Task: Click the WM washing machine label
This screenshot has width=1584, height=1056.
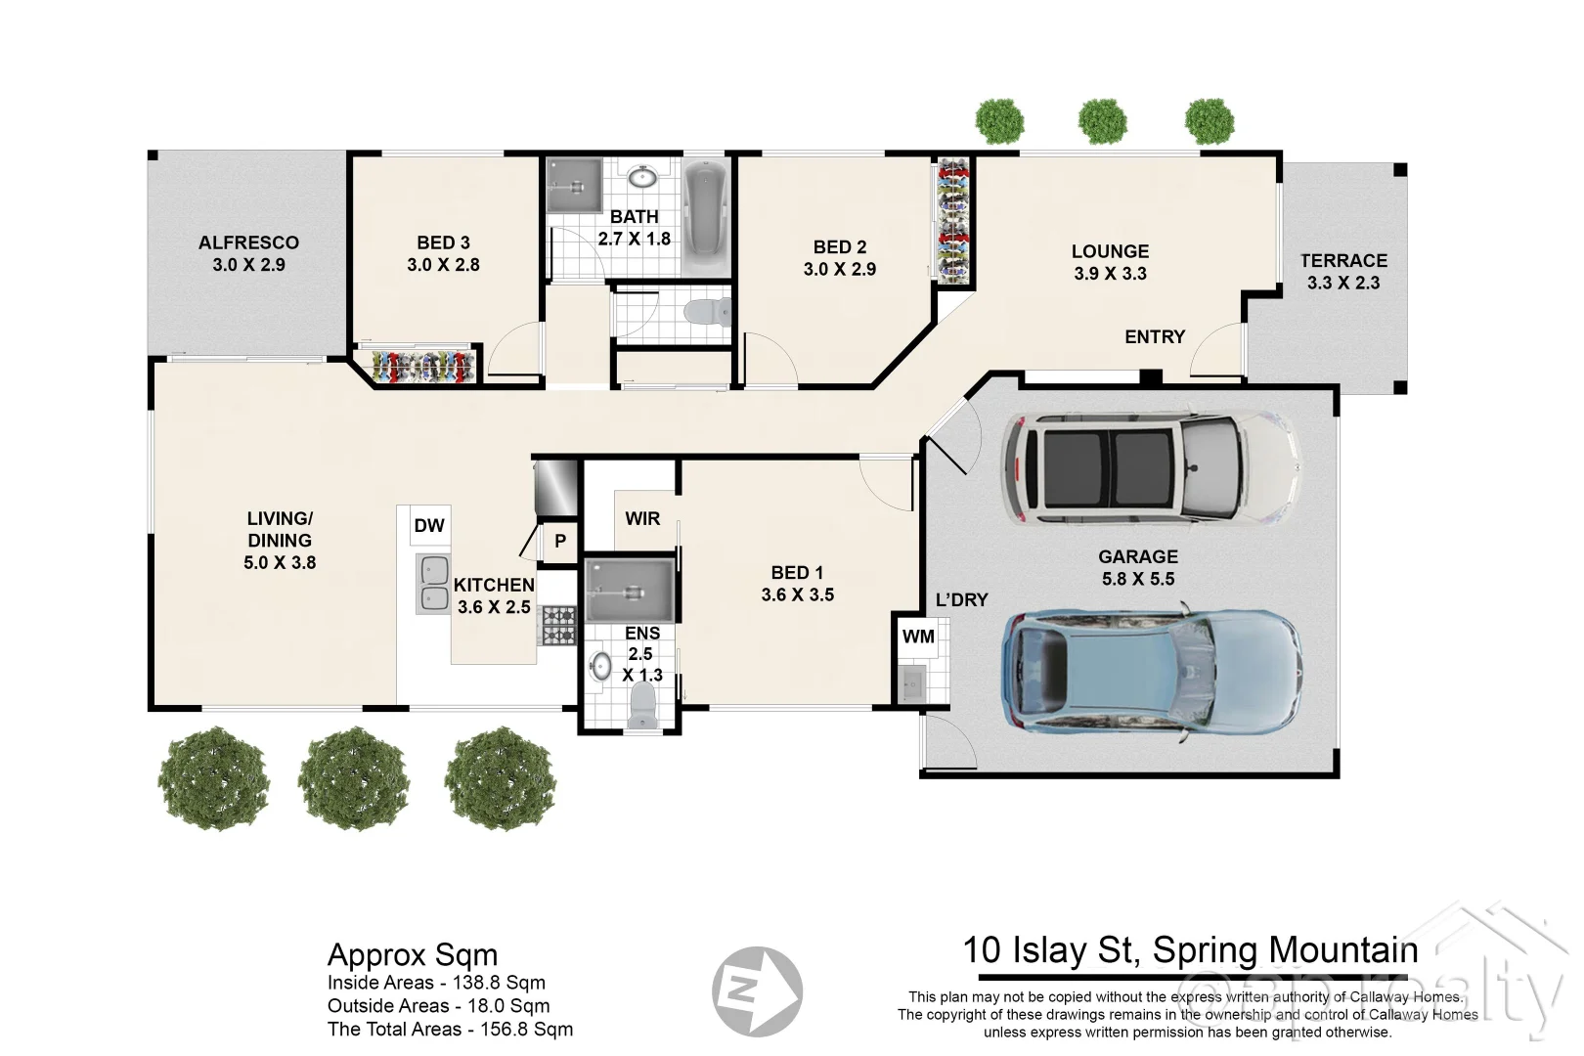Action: pos(918,637)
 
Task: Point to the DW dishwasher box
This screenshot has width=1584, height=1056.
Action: pos(429,525)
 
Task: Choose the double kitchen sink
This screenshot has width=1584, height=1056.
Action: pos(433,584)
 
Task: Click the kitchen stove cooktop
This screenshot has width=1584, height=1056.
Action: pos(559,625)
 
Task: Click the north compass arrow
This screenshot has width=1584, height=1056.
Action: pos(758,991)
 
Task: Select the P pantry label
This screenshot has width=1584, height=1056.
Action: pos(560,541)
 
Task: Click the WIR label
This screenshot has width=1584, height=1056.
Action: pos(642,518)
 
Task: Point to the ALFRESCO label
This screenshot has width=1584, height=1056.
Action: pos(248,242)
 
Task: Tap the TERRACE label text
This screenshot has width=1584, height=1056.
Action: pos(1343,260)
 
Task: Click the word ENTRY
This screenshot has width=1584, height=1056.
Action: pos(1155,336)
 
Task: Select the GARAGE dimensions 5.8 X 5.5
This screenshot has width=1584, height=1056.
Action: pos(1138,579)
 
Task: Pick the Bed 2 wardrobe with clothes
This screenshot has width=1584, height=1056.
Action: pos(952,221)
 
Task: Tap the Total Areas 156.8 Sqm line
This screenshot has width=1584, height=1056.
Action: pos(450,1029)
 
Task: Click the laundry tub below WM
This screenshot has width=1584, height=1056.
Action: pos(911,682)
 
